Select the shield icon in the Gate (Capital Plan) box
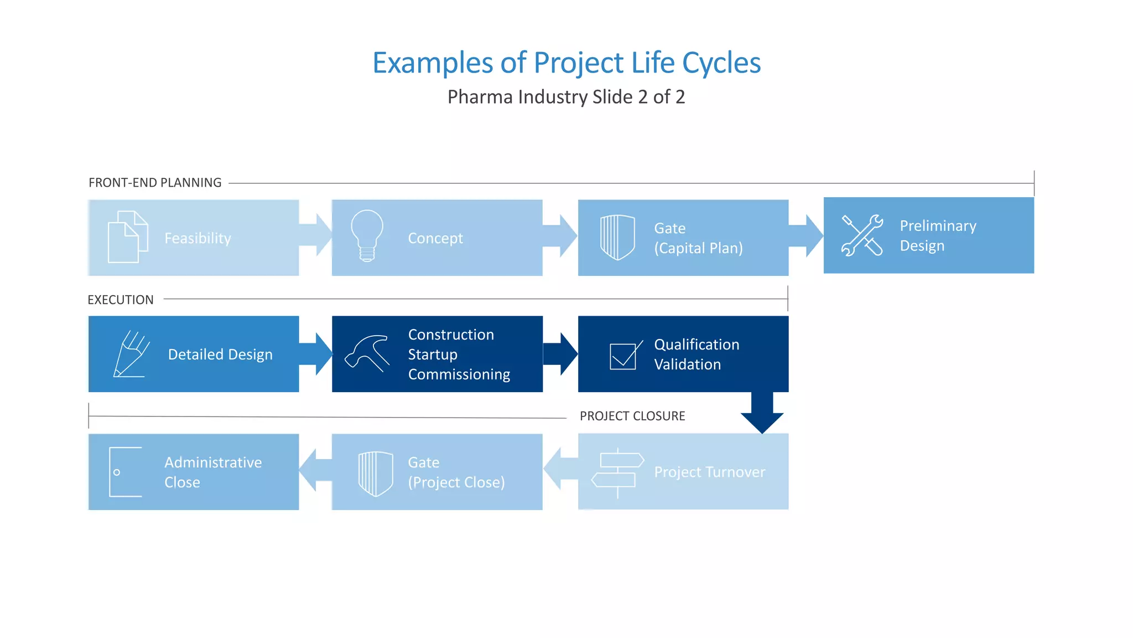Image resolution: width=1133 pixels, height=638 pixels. tap(617, 238)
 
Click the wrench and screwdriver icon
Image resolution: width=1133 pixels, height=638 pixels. tap(862, 235)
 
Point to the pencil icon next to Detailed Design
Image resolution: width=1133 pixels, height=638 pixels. tap(131, 354)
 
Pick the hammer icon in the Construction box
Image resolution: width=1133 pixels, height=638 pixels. tap(367, 353)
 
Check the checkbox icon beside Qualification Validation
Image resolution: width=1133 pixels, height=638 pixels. tap(625, 355)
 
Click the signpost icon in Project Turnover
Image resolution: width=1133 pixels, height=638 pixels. tap(618, 472)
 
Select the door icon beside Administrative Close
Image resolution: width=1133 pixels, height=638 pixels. tap(125, 472)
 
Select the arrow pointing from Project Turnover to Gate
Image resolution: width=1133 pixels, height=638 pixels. tap(559, 469)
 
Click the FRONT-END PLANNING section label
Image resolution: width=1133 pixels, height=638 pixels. tap(155, 183)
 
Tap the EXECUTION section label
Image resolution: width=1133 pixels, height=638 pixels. tap(121, 300)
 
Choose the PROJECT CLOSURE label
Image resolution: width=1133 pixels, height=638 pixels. tap(632, 416)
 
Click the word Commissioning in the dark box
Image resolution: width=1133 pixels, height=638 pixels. tap(459, 375)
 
